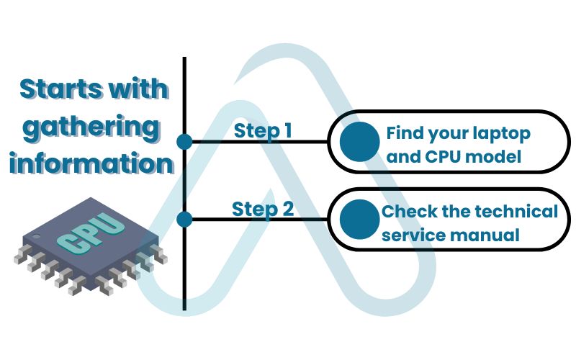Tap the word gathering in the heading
(90, 127)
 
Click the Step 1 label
(263, 131)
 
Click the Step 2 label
(263, 210)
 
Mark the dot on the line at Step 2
(185, 218)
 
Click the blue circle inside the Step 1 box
(359, 141)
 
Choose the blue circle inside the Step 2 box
(359, 219)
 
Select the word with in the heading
(139, 89)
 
